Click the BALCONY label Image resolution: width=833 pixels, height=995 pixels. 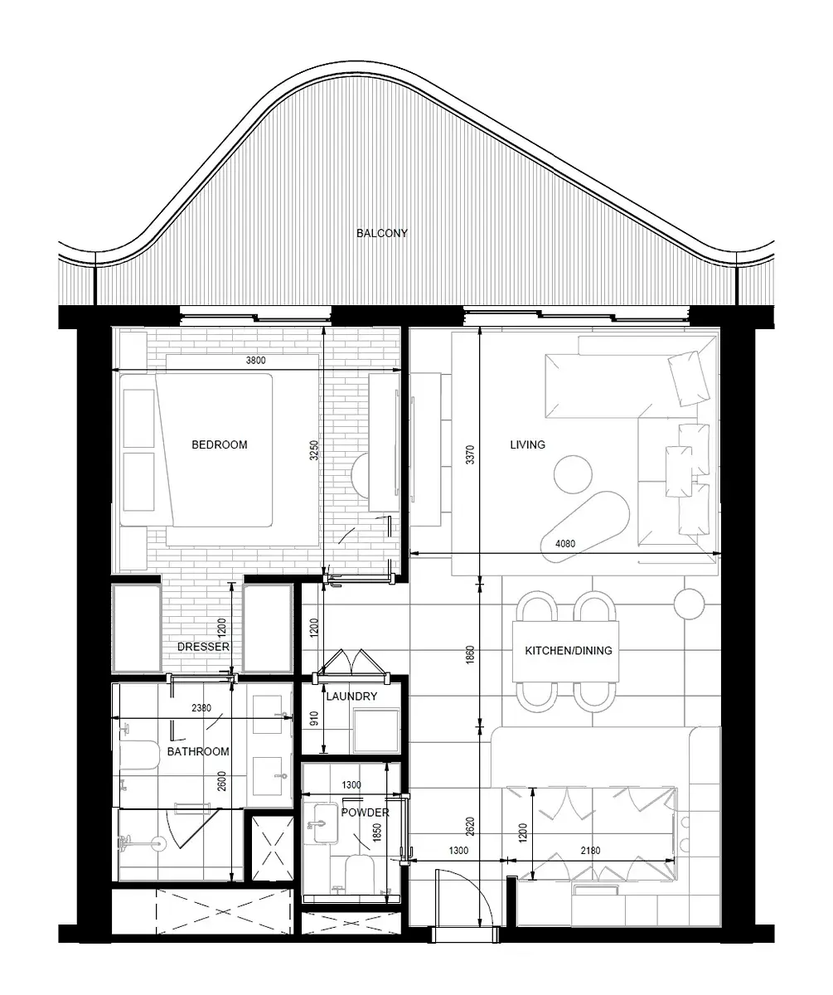381,233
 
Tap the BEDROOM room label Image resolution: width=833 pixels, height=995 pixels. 219,444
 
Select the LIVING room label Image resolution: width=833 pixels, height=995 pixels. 527,444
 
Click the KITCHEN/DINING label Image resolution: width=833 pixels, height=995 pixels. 569,650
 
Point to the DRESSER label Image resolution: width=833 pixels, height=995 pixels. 203,647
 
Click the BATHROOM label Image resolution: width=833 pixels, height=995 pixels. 198,751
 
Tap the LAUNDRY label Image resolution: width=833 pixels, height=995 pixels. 351,696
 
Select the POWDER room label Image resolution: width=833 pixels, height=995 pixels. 365,813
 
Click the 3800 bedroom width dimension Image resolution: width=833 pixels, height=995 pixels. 256,360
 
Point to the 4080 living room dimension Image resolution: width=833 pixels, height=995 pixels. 565,543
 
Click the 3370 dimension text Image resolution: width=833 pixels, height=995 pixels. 470,454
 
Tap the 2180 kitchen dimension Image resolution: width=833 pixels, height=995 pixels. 590,850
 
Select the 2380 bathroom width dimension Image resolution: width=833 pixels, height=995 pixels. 201,708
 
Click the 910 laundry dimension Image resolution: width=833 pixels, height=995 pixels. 313,719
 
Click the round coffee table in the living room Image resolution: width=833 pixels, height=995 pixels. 573,474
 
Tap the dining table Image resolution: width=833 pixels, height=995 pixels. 566,651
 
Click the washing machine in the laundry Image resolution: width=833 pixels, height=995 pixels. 376,730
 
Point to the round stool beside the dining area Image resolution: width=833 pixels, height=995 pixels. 689,604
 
